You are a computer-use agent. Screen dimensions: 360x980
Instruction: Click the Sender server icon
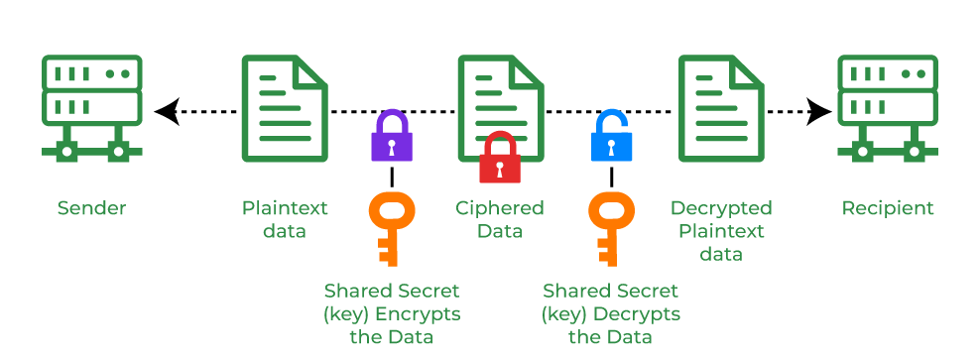tap(92, 108)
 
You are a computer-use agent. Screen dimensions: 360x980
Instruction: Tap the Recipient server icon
tap(888, 108)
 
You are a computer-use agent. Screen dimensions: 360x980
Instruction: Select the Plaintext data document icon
tap(286, 108)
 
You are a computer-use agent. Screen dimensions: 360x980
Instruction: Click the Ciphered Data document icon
tap(502, 104)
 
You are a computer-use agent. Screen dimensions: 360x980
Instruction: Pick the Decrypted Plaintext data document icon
tap(721, 108)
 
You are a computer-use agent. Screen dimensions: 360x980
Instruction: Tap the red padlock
tap(500, 159)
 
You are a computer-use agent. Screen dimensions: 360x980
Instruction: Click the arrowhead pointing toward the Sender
tap(167, 112)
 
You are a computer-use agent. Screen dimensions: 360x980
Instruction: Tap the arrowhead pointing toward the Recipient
tap(818, 112)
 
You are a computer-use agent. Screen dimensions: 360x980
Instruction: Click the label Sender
tap(92, 208)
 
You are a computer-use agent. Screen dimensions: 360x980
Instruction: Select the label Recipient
tap(888, 208)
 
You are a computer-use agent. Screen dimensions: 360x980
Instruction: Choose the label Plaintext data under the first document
tap(285, 219)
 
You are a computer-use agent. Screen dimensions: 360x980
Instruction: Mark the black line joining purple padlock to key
tap(392, 177)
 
